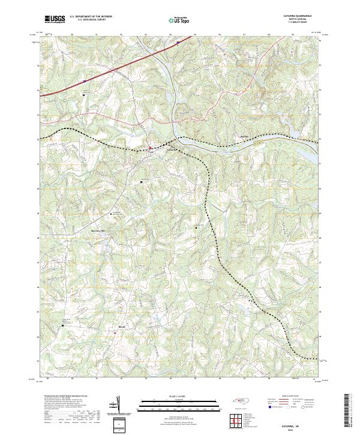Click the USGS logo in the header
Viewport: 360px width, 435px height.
click(54, 20)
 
